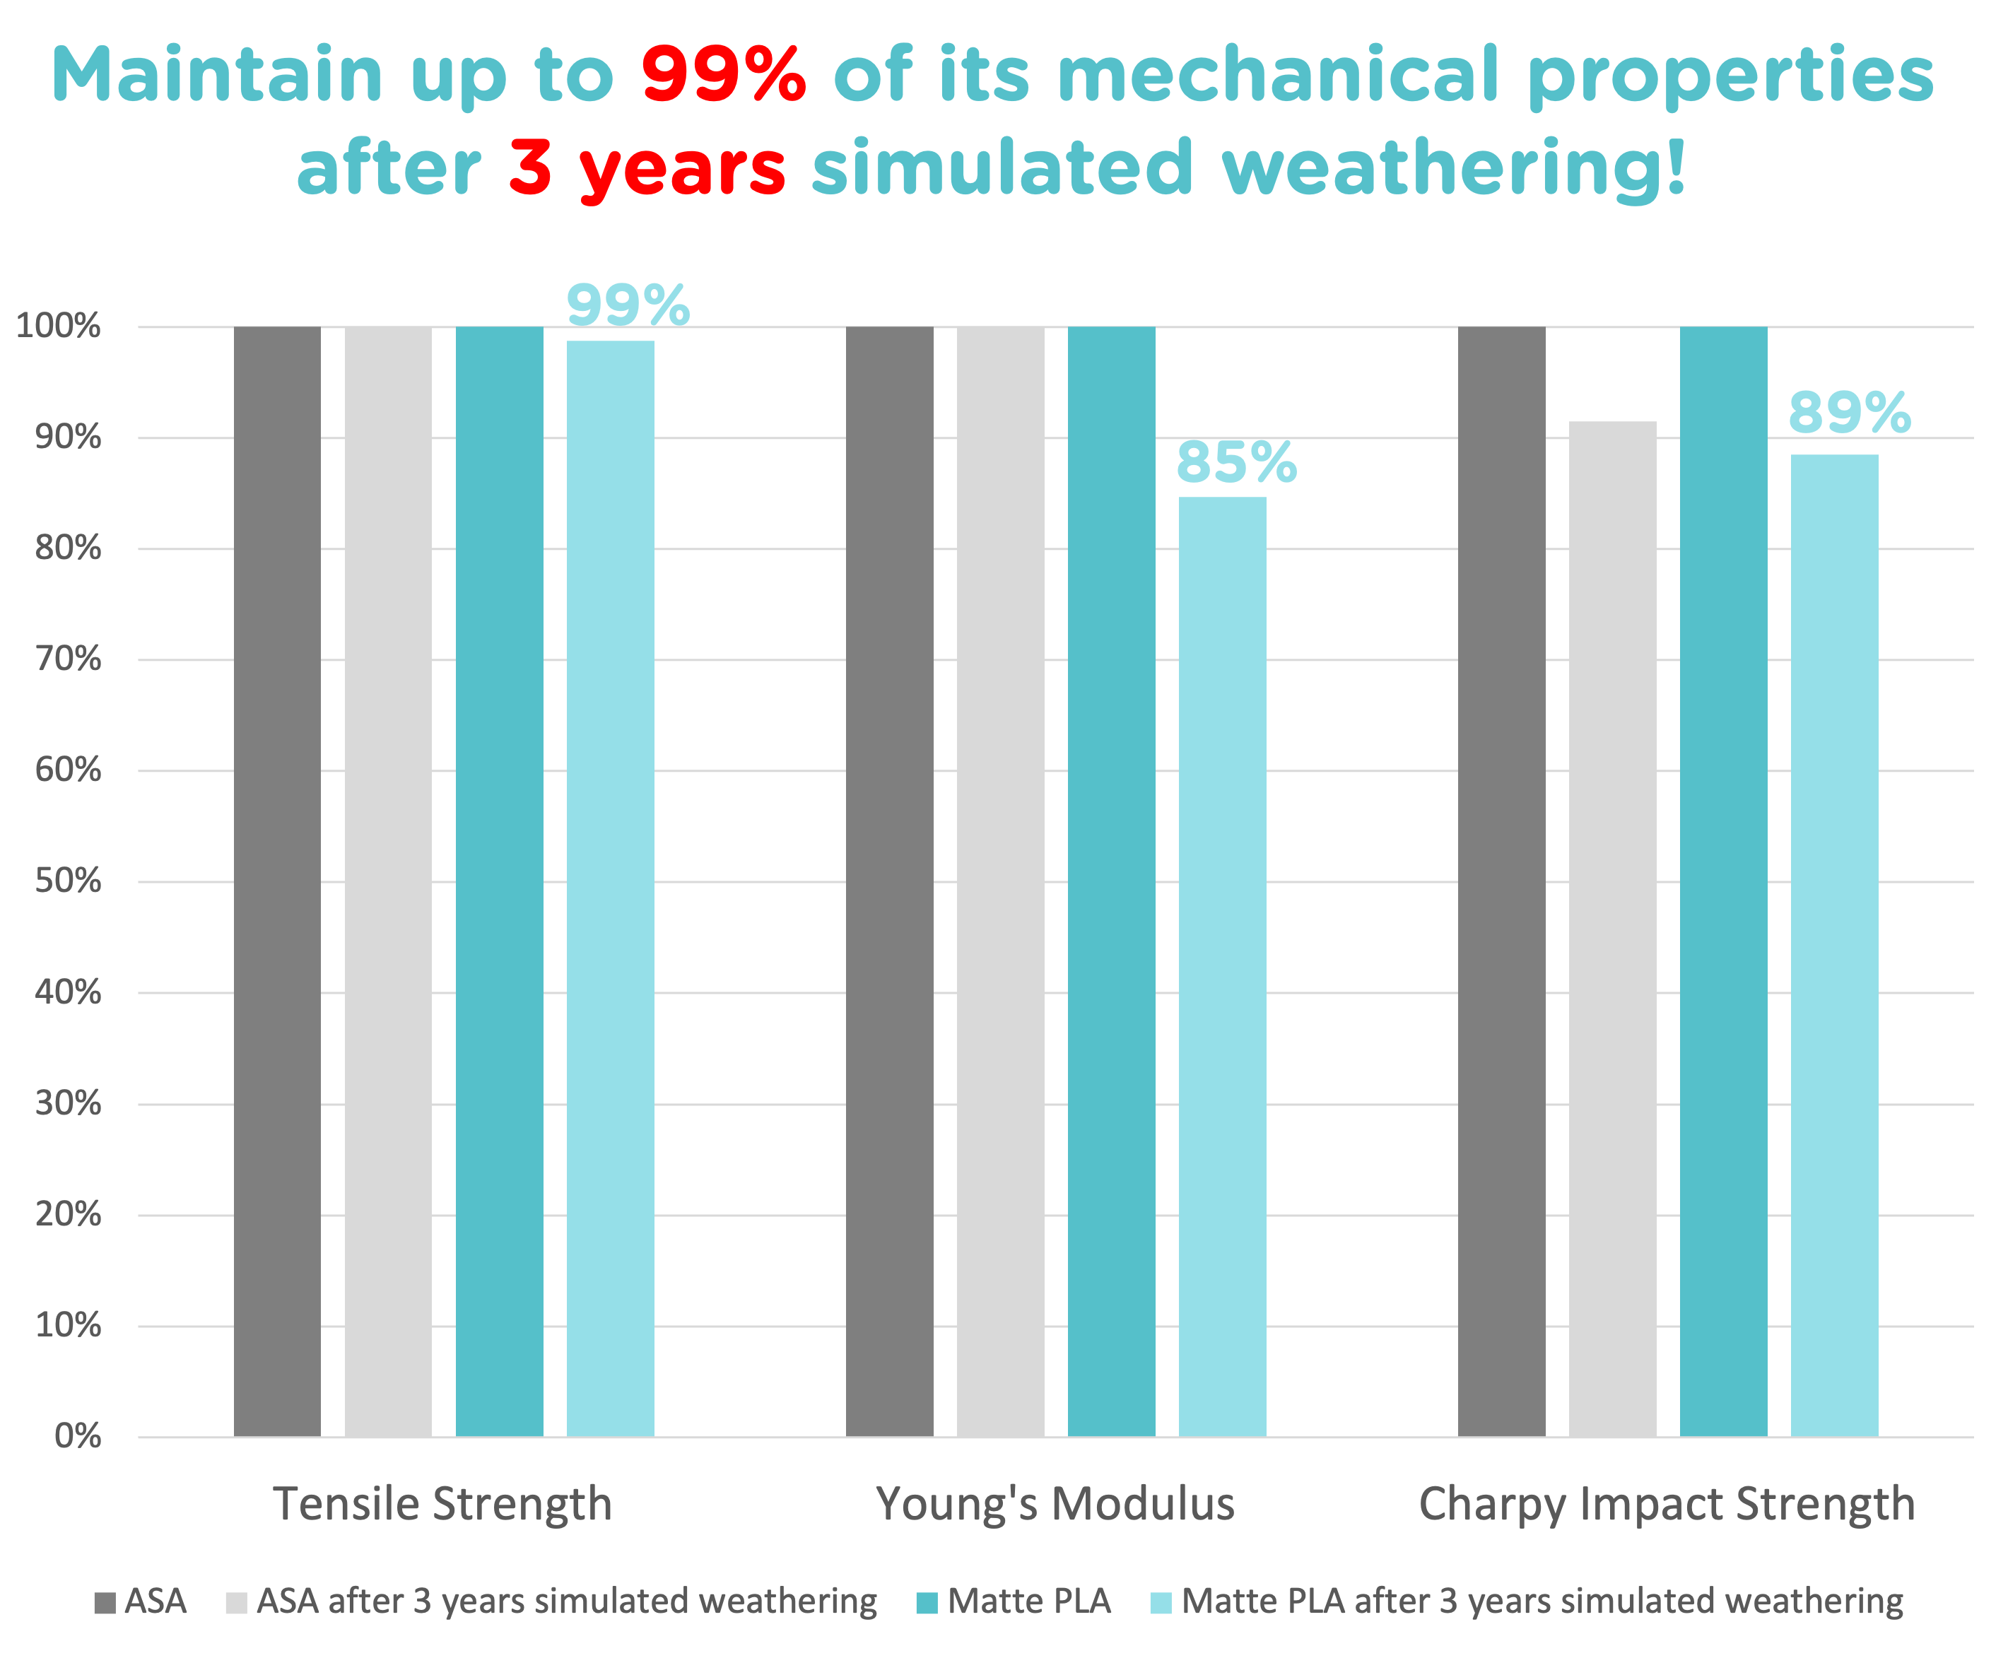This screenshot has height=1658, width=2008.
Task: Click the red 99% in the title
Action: pos(723,76)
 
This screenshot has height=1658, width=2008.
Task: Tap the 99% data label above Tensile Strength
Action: pos(628,305)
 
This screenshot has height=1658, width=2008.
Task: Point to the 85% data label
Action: pos(1236,462)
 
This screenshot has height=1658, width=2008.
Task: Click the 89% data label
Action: pos(1850,413)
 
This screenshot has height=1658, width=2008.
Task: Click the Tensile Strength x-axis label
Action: pos(442,1504)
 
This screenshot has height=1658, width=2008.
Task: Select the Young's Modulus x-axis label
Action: pos(1055,1504)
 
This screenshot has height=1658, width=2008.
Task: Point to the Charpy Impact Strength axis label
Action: pos(1667,1504)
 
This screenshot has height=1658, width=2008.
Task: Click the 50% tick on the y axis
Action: pos(68,881)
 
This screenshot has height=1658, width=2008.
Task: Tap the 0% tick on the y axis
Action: pos(77,1435)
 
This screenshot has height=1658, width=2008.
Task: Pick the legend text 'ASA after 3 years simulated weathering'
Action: pos(566,1601)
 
